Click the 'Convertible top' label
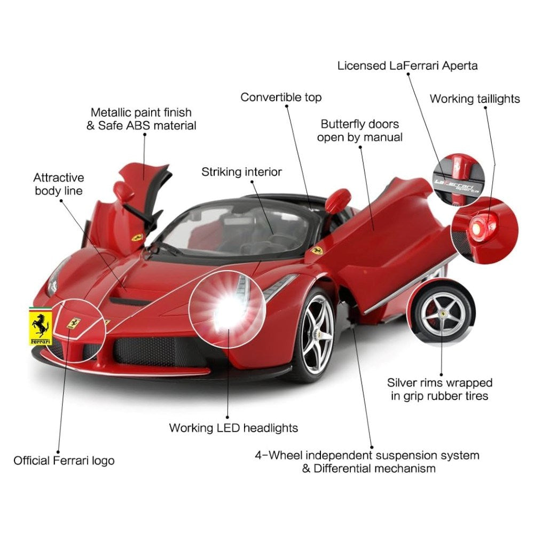click(281, 97)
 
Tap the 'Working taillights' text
click(475, 99)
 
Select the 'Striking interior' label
click(241, 172)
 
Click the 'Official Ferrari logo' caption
click(64, 461)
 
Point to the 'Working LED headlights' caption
click(233, 428)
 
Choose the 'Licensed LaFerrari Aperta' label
click(407, 66)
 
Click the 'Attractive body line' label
click(59, 184)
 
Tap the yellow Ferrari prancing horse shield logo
click(40, 327)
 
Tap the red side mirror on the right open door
click(338, 199)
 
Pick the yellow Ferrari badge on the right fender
click(317, 250)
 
